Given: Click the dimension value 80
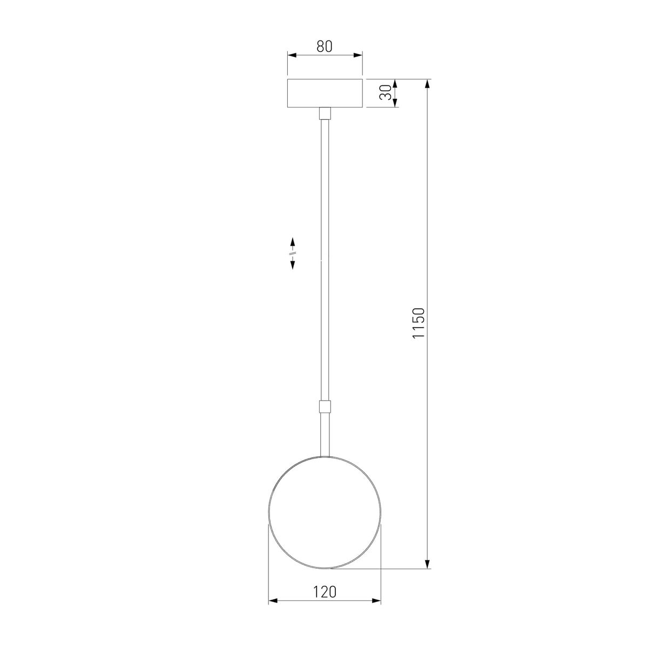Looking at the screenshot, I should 324,46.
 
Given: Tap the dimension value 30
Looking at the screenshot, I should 385,93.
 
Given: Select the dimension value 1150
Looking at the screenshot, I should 419,323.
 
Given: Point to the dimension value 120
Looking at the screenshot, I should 325,592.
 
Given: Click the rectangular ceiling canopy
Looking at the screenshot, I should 325,93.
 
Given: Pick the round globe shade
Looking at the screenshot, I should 325,512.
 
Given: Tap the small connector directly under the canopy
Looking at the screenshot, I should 325,113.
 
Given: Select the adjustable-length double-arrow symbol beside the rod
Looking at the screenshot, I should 293,253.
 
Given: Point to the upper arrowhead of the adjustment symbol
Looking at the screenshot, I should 293,241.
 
